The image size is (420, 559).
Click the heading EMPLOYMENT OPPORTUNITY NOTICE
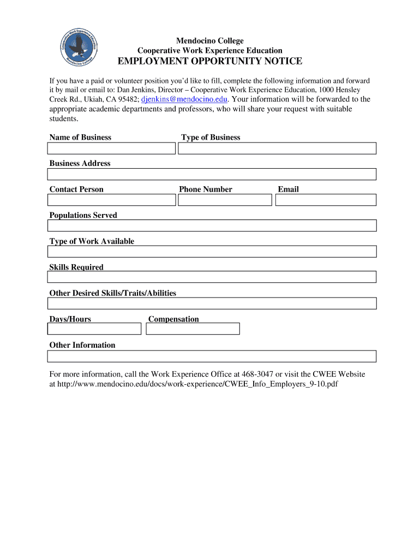click(210, 61)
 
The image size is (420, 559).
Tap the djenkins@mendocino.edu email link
click(184, 99)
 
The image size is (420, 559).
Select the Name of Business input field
click(111, 148)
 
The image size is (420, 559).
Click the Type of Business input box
click(277, 148)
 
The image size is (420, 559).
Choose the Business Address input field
click(212, 174)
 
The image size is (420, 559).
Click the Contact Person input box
click(111, 200)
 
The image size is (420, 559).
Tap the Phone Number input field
click(225, 200)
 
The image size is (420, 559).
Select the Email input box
click(326, 200)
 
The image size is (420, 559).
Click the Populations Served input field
click(212, 226)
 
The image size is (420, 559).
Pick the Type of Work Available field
click(212, 252)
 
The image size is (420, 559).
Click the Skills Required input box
click(212, 277)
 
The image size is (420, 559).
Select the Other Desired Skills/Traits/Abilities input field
click(212, 304)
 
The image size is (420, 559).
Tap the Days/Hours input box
click(94, 329)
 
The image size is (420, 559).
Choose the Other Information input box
click(212, 356)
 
